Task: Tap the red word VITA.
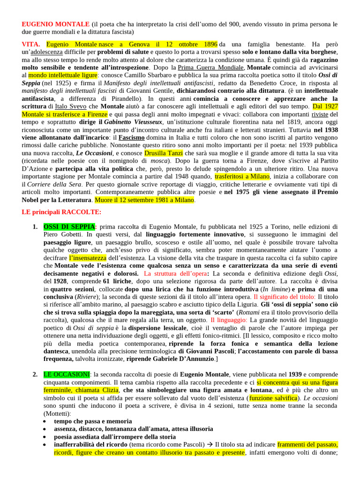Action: (31, 44)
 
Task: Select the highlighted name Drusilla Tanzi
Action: (164, 153)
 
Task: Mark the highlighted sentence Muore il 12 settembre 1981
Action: (144, 200)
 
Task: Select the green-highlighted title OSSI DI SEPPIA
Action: (69, 227)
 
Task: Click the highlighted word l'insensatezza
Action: (88, 258)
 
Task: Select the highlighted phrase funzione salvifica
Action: (273, 398)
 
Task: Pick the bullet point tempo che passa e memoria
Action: (93, 421)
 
